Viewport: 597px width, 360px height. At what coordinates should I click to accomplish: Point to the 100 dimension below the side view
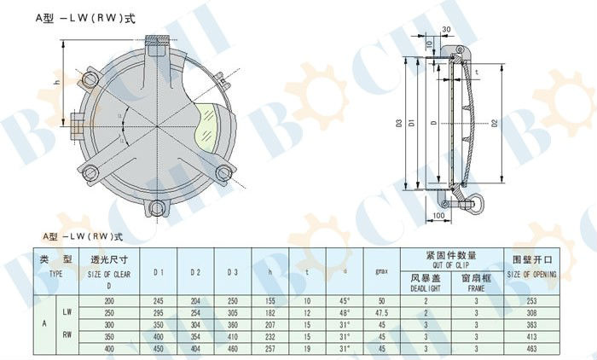coord(438,215)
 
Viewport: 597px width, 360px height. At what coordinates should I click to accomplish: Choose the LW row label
coord(67,313)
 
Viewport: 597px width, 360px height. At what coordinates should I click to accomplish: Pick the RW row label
coord(67,336)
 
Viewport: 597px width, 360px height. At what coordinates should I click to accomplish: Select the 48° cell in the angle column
coord(344,313)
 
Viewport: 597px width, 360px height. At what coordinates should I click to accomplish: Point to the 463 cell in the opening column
coord(532,349)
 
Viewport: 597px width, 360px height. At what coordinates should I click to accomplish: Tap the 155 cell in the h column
coord(270,301)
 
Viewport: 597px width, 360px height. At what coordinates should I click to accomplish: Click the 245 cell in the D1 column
coord(158,301)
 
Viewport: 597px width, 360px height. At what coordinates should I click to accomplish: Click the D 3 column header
coord(232,272)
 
